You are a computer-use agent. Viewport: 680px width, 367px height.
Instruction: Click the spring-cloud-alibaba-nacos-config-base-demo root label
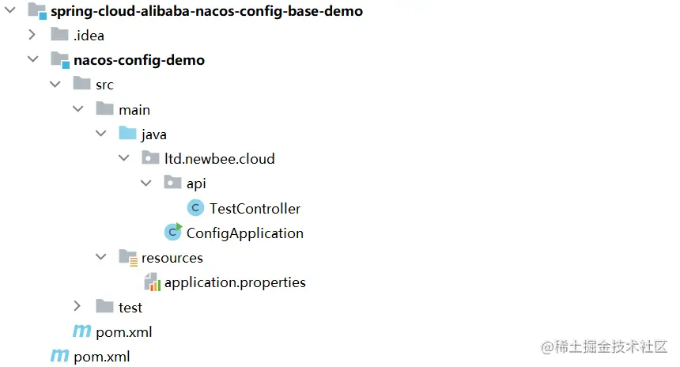click(x=206, y=11)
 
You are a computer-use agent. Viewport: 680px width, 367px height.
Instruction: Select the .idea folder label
click(x=89, y=36)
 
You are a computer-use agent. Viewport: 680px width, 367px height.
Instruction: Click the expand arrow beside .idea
click(x=32, y=36)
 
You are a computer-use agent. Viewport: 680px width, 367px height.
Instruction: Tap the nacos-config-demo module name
click(x=138, y=60)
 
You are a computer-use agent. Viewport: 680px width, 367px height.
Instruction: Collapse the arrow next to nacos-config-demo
click(x=32, y=60)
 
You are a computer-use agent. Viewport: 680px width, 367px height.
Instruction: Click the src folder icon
click(x=81, y=85)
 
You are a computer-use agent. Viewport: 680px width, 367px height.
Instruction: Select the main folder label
click(x=134, y=110)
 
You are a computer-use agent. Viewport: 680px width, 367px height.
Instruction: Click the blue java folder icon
click(x=127, y=134)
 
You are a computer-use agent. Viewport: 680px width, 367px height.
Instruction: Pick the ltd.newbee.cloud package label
click(x=219, y=159)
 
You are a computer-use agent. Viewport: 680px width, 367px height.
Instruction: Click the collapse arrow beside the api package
click(x=146, y=183)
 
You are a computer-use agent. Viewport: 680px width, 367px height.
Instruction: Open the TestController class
click(x=255, y=209)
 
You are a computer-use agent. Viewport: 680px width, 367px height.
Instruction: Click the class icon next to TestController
click(x=195, y=209)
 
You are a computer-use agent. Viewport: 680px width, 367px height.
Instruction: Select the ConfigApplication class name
click(x=244, y=233)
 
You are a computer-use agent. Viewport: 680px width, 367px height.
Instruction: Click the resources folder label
click(x=172, y=258)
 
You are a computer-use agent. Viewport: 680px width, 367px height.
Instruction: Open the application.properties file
click(x=235, y=282)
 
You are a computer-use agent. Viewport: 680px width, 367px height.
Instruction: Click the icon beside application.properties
click(x=151, y=282)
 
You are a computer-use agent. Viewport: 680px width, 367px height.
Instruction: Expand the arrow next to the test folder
click(x=77, y=307)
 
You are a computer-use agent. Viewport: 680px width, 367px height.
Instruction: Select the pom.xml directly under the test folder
click(x=123, y=332)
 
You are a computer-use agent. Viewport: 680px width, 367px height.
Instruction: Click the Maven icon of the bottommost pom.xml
click(x=59, y=357)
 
